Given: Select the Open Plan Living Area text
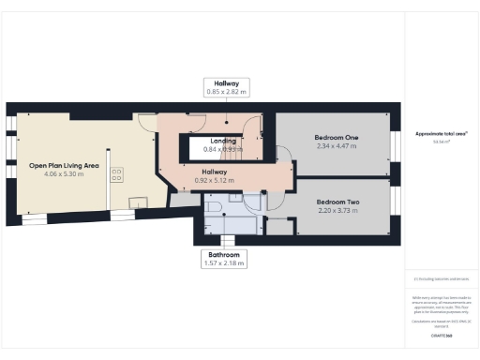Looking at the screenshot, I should pyautogui.click(x=65, y=164).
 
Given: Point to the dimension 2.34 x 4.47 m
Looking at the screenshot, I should pyautogui.click(x=337, y=146).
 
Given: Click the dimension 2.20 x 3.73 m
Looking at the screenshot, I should pyautogui.click(x=337, y=212).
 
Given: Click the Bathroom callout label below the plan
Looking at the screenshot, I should pyautogui.click(x=224, y=255).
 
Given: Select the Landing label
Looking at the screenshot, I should pyautogui.click(x=223, y=141).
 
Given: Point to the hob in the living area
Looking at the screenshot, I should pyautogui.click(x=118, y=174).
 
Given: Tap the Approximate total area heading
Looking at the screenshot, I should pyautogui.click(x=442, y=133).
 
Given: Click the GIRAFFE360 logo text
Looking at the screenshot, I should pyautogui.click(x=442, y=335).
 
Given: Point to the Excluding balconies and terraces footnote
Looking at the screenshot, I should pyautogui.click(x=442, y=279).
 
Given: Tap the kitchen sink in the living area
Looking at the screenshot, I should pyautogui.click(x=135, y=201).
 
